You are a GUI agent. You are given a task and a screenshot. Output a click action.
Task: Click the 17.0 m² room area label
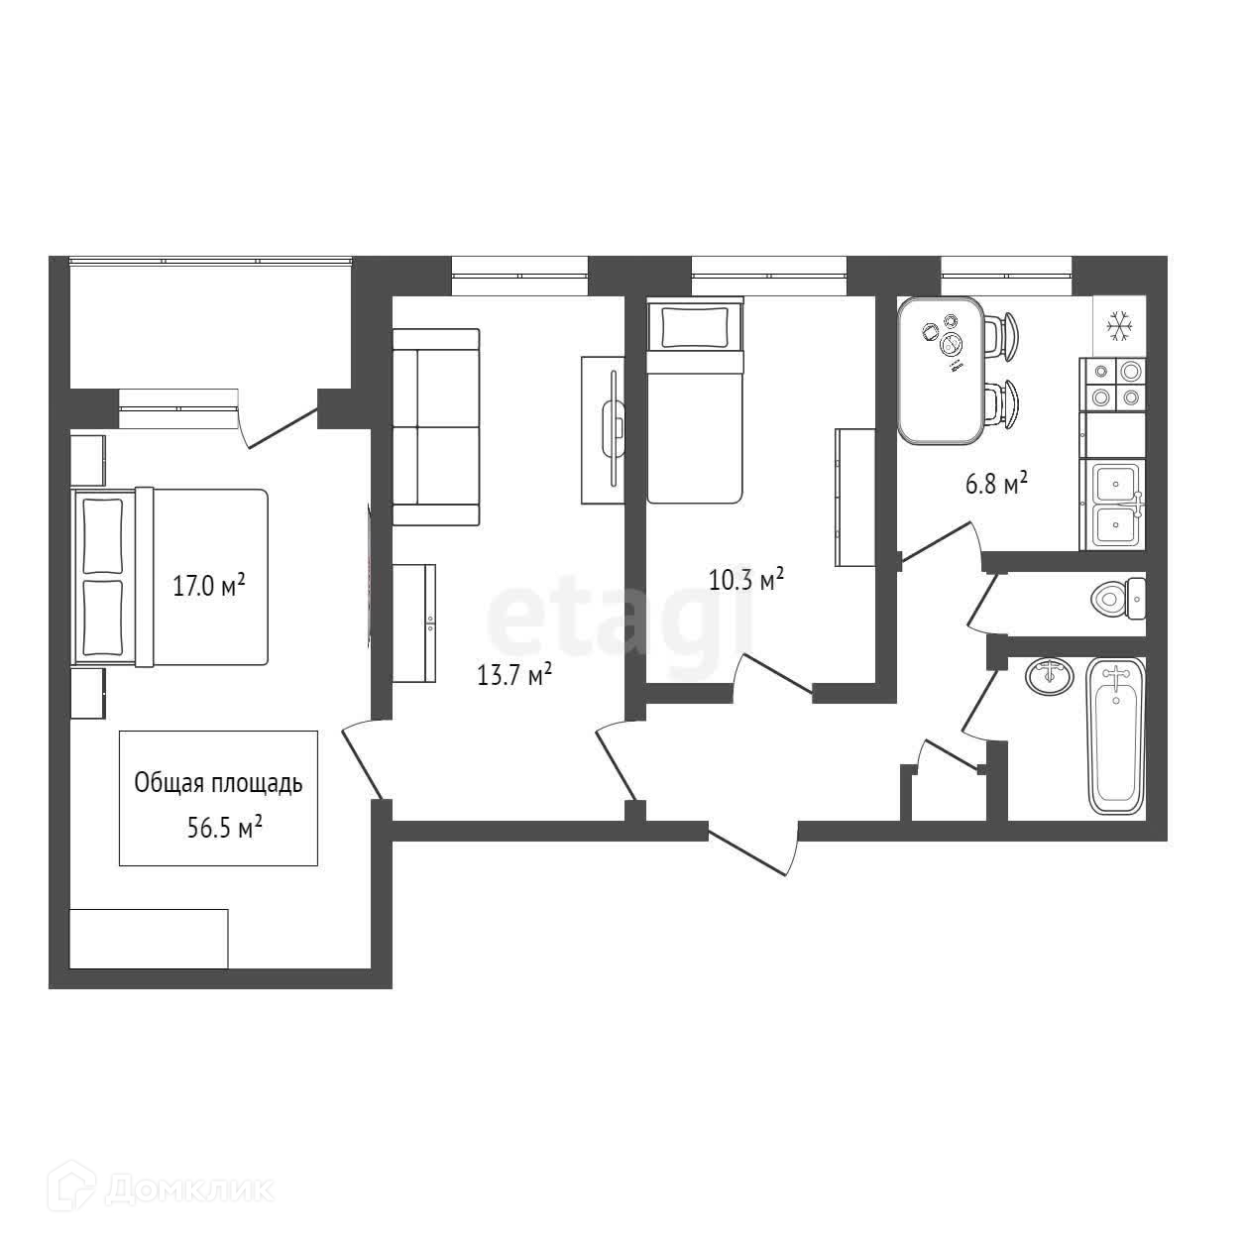pos(209,586)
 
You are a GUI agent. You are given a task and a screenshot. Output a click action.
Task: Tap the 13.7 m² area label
pos(514,676)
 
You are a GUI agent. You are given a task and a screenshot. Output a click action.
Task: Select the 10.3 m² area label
pos(746,580)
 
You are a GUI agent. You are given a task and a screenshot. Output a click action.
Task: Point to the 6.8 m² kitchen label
pos(995,484)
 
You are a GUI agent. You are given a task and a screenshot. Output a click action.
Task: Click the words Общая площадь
pos(218,783)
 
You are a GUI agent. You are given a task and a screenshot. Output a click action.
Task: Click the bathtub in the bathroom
pos(1116,736)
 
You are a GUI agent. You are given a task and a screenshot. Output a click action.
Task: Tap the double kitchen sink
pos(1116,506)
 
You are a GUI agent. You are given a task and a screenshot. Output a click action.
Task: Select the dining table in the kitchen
pos(940,371)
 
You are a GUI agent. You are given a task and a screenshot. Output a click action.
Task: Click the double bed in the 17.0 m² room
pos(171,576)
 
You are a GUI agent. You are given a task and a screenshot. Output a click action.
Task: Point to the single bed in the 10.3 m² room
pos(694,402)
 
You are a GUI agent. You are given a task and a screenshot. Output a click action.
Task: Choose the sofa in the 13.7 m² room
pos(436,427)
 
